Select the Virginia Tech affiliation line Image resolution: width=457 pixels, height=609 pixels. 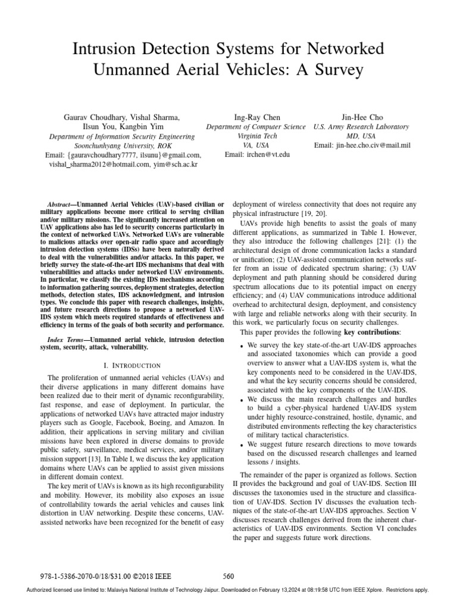256,136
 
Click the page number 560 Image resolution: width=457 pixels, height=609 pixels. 228,576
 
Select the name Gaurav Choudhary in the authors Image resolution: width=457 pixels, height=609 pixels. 94,117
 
